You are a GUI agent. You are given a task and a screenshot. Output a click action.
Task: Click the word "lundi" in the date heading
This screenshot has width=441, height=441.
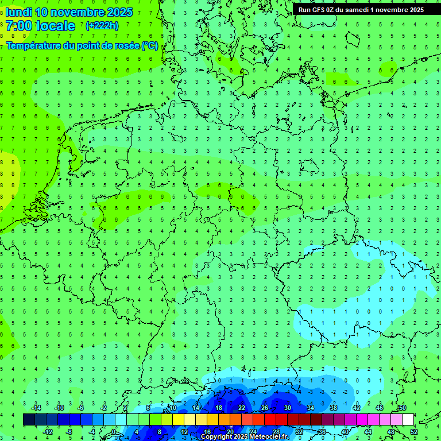coord(18,12)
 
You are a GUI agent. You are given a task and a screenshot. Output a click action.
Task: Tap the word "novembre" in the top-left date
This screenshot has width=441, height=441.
coord(80,12)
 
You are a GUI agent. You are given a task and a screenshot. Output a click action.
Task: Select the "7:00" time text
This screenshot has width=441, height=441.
coord(19,26)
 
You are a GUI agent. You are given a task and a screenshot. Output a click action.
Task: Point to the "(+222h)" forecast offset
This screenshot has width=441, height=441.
coord(102,26)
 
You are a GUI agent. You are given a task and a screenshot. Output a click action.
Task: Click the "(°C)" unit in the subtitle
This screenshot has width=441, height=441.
coord(150,45)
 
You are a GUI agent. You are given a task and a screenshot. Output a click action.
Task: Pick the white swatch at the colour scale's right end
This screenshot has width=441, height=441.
coord(408,420)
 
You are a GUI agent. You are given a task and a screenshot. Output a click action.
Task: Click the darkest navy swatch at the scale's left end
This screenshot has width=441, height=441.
coord(29,420)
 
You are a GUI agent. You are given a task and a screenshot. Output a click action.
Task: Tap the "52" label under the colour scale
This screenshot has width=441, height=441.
coord(413,432)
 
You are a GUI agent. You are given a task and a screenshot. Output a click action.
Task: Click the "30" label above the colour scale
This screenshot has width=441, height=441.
coord(288,408)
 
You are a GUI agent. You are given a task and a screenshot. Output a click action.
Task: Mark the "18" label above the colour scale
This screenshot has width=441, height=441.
coord(219,408)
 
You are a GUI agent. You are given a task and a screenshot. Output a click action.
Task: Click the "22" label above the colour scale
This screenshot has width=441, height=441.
coord(242,408)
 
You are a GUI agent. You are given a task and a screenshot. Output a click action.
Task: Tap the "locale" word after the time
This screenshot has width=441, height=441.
coord(55,26)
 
